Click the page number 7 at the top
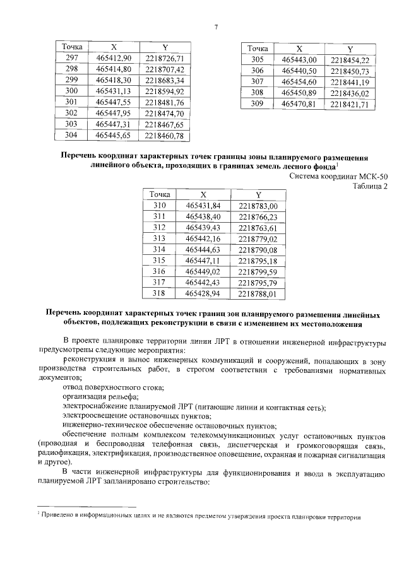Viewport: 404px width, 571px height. click(x=216, y=26)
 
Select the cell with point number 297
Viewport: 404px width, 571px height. click(x=71, y=59)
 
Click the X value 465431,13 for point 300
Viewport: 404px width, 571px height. click(x=113, y=91)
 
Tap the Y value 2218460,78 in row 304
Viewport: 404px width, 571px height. click(x=164, y=136)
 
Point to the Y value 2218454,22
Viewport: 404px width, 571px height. click(x=349, y=60)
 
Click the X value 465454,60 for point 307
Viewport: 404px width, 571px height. click(x=299, y=82)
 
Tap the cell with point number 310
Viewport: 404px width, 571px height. click(x=163, y=206)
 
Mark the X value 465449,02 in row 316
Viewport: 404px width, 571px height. click(x=204, y=271)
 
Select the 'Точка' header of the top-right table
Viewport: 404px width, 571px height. click(x=257, y=49)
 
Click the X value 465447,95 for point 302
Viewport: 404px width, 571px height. click(x=113, y=114)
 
